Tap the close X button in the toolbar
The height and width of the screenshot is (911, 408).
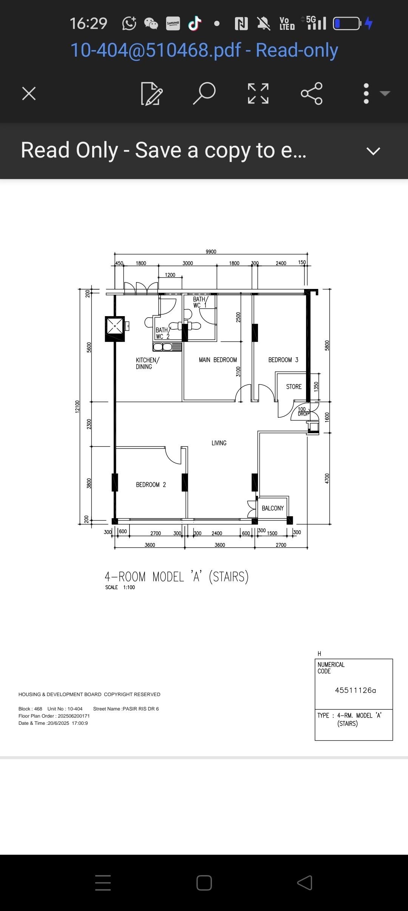pyautogui.click(x=29, y=93)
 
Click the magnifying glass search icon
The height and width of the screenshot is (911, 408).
pyautogui.click(x=204, y=93)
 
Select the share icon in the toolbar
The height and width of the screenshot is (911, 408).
pyautogui.click(x=312, y=93)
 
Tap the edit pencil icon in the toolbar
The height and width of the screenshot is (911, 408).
pyautogui.click(x=152, y=93)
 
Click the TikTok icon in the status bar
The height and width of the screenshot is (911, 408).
pyautogui.click(x=195, y=23)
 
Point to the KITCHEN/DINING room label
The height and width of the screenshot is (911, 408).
pyautogui.click(x=148, y=363)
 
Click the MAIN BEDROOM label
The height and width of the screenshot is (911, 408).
pyautogui.click(x=218, y=360)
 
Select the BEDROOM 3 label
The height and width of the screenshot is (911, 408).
pyautogui.click(x=283, y=360)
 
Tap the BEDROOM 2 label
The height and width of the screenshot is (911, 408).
pyautogui.click(x=151, y=485)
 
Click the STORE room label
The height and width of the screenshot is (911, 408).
pyautogui.click(x=294, y=387)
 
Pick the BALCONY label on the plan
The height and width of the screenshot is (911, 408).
pyautogui.click(x=273, y=508)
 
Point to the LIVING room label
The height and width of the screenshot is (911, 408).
pyautogui.click(x=219, y=443)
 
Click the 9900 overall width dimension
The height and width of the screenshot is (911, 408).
pyautogui.click(x=211, y=252)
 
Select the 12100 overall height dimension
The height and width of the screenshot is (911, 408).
pyautogui.click(x=77, y=406)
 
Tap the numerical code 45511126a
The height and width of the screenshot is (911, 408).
pyautogui.click(x=355, y=690)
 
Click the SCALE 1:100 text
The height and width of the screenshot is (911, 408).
pyautogui.click(x=120, y=587)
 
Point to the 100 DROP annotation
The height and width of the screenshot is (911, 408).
pyautogui.click(x=303, y=411)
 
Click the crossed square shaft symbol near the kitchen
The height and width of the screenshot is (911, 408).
pyautogui.click(x=115, y=326)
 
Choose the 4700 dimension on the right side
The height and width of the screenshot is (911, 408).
pyautogui.click(x=327, y=478)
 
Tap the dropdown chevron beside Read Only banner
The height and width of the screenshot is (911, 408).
pyautogui.click(x=373, y=151)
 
